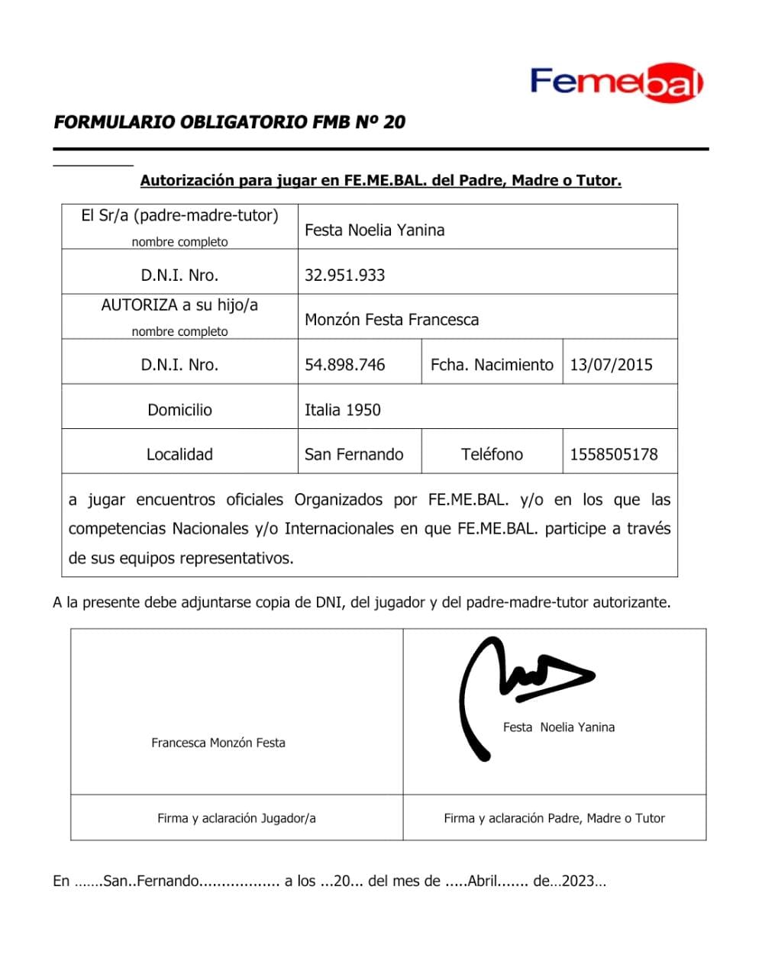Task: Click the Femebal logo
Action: point(616,82)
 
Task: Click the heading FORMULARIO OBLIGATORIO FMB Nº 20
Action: point(229,122)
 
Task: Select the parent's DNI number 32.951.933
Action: point(344,275)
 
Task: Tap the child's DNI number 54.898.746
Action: point(344,365)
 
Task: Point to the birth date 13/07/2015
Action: point(611,365)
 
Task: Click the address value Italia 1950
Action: point(342,410)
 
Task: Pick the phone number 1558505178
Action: point(613,454)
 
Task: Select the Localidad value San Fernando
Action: point(354,454)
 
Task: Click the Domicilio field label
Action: point(179,410)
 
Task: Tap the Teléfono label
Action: point(492,454)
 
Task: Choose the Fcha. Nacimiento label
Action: point(492,365)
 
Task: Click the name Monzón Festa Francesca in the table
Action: point(391,320)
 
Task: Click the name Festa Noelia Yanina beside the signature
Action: point(558,727)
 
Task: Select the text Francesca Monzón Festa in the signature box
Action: point(218,743)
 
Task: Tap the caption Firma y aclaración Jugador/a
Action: point(236,818)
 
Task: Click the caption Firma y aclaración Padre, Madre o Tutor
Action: point(554,818)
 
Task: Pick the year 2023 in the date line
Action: point(578,881)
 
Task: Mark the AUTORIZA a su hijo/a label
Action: point(179,305)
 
